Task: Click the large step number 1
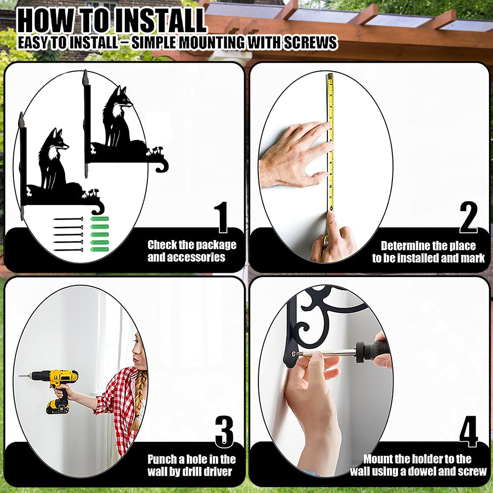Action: coord(222,217)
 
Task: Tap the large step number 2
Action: coord(468,217)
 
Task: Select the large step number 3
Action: coord(224,432)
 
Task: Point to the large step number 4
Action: coord(469,431)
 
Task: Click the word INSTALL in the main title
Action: coord(160,21)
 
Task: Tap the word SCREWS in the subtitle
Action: coord(310,42)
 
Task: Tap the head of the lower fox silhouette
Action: coord(59,141)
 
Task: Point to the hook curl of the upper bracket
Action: coord(162,166)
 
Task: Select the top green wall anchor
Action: coord(100,219)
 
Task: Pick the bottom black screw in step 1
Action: coord(68,250)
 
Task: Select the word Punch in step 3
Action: coord(162,459)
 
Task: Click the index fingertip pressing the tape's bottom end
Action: coord(331,216)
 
